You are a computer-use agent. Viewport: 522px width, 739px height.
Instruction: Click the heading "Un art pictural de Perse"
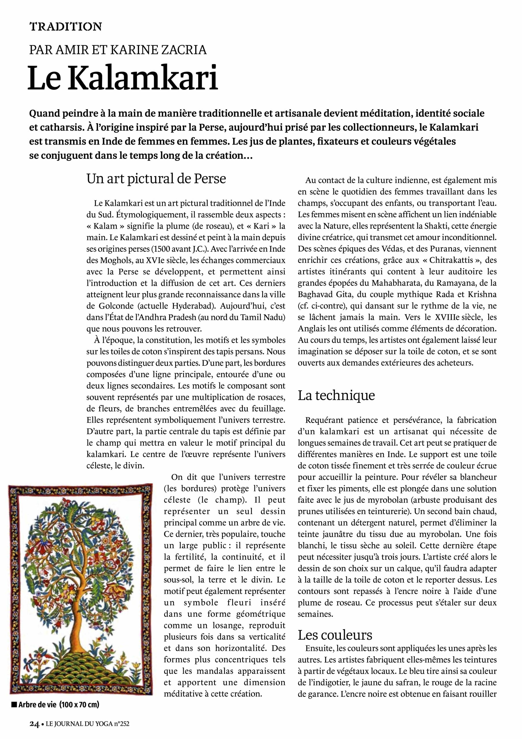point(156,179)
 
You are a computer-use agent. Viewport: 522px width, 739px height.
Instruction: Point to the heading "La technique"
point(336,395)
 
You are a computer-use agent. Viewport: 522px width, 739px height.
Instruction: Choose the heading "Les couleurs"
point(335,635)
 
